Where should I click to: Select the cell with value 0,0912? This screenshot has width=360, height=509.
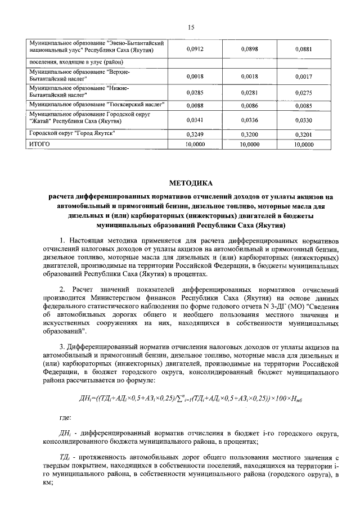point(194,49)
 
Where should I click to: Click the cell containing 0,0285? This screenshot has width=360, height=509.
point(194,92)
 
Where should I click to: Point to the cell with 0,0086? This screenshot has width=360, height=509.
point(249,105)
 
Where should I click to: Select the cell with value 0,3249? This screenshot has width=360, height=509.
point(194,135)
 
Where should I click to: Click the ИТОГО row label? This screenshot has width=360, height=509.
point(39,144)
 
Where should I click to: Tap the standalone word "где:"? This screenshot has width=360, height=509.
point(65,417)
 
